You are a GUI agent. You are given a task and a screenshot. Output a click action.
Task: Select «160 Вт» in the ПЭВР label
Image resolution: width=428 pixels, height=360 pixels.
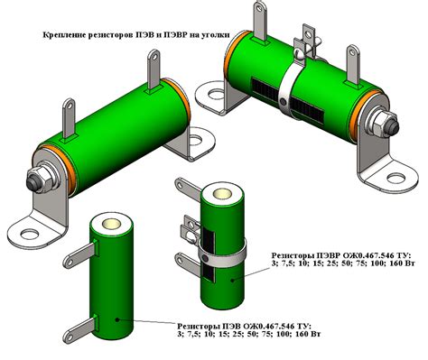point(402,263)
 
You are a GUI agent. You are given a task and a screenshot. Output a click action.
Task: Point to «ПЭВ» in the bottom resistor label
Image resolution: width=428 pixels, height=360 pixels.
point(230,326)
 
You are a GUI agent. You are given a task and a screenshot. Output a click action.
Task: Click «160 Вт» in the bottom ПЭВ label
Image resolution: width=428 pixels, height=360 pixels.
point(308,334)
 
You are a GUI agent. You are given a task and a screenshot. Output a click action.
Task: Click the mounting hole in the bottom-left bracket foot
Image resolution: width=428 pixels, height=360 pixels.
point(30,235)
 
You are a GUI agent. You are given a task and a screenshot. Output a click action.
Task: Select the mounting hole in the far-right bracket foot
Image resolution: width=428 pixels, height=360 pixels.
point(396,179)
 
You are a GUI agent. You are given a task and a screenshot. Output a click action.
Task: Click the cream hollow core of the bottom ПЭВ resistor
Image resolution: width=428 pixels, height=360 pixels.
point(111,224)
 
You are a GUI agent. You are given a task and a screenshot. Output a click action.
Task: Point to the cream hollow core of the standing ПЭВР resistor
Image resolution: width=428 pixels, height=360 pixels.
point(222,194)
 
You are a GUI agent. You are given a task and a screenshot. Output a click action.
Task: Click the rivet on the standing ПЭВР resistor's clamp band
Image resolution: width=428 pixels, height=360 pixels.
point(205,258)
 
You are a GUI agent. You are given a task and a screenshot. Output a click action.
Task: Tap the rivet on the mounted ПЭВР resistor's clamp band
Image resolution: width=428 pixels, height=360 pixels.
point(284,101)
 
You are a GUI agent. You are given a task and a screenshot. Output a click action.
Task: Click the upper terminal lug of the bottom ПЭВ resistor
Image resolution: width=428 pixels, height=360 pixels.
point(80,254)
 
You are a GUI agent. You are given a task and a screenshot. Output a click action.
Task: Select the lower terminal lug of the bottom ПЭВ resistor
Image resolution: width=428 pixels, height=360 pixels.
point(80,328)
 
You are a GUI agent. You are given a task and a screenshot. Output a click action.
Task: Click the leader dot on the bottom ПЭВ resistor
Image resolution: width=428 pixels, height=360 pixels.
point(117,319)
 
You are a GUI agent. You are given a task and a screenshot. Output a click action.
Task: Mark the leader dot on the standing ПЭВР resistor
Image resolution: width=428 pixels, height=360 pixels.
point(232,281)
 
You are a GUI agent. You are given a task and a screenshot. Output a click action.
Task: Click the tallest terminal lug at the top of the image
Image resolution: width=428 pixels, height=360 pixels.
point(260,20)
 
